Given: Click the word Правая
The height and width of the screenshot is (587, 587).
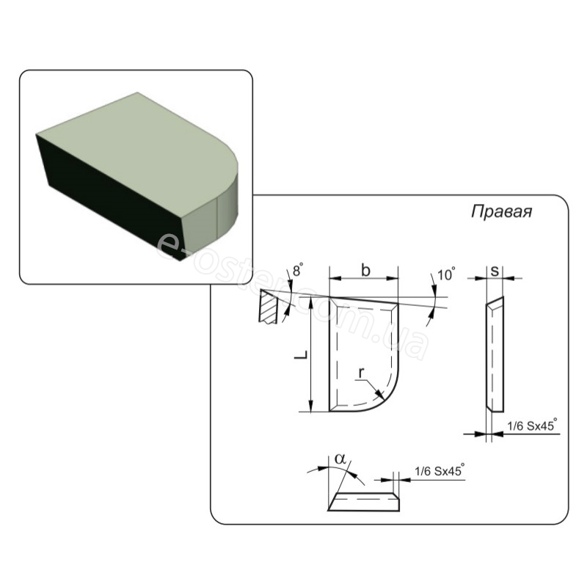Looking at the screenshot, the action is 501,212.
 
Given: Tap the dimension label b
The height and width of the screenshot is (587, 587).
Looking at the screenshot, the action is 365,270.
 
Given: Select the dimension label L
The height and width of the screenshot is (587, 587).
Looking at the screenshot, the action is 301,355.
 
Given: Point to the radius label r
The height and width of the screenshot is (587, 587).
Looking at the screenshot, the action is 361,373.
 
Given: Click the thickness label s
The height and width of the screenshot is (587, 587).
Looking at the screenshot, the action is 495,271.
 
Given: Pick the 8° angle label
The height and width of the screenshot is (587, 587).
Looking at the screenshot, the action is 298,270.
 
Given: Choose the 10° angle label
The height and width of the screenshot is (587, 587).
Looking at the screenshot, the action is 446,274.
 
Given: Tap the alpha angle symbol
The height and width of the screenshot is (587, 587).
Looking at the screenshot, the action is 340,459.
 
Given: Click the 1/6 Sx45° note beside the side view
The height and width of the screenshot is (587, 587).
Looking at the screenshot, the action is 532,426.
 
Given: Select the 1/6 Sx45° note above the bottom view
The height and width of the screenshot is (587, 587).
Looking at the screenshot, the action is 440,470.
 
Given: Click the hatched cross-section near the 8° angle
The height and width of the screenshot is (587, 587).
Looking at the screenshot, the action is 268,307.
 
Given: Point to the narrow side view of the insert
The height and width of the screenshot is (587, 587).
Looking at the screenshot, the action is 495,354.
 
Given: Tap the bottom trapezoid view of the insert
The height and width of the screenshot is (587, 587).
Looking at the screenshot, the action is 364,502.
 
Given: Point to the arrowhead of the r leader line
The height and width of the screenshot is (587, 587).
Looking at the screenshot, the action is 379,394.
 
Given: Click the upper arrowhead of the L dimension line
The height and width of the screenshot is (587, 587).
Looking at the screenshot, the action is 310,300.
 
